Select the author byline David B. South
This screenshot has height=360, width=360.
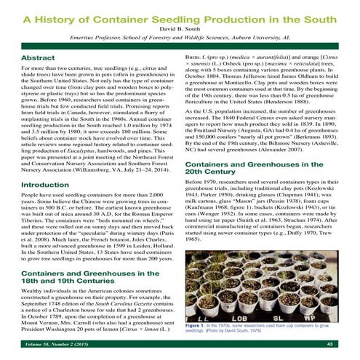tap(180, 29)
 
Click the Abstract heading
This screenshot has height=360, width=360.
tap(40, 57)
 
